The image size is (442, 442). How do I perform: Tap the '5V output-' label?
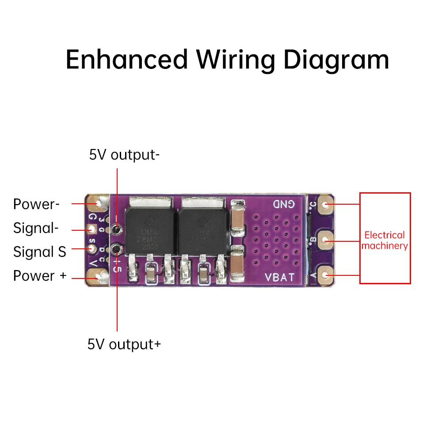124,155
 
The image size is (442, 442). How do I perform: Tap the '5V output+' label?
124,344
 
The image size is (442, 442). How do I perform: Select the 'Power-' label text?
36,204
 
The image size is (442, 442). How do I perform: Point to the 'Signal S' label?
40,252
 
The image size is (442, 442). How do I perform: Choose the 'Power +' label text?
40,276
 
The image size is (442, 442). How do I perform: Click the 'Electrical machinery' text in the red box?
385,240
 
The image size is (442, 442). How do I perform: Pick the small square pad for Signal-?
93,229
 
